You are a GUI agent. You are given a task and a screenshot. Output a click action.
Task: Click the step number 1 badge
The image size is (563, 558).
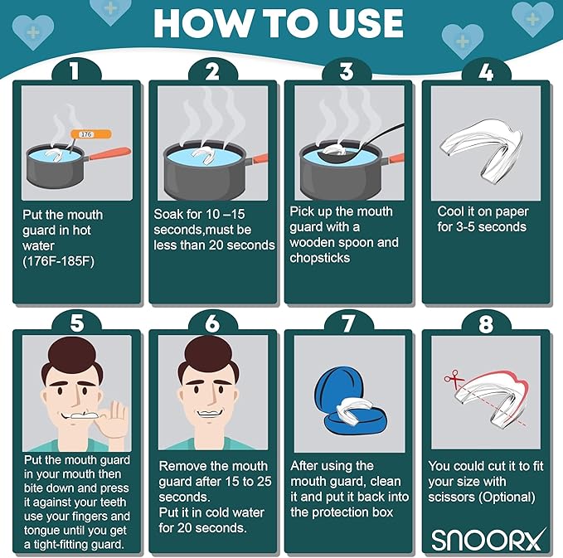click(x=75, y=70)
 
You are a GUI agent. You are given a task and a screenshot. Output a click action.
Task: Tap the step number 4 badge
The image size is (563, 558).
click(x=486, y=72)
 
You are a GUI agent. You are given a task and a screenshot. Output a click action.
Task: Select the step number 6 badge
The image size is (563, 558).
click(x=212, y=323)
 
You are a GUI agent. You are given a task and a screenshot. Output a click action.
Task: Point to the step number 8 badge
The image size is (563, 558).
click(x=486, y=323)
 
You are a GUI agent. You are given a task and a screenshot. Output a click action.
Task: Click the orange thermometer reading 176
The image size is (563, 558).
click(x=91, y=134)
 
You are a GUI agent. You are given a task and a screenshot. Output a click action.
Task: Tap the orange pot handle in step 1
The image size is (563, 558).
click(x=109, y=153)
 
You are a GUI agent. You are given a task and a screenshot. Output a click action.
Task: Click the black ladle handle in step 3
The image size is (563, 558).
click(x=383, y=135)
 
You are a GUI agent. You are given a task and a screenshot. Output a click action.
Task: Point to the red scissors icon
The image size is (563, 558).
click(x=453, y=379)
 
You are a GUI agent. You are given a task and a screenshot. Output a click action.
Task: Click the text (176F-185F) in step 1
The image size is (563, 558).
click(x=59, y=261)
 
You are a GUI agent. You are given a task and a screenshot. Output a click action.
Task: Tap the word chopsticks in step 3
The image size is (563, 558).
click(x=320, y=258)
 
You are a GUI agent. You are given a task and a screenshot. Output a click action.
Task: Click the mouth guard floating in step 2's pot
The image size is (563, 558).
click(x=203, y=155)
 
